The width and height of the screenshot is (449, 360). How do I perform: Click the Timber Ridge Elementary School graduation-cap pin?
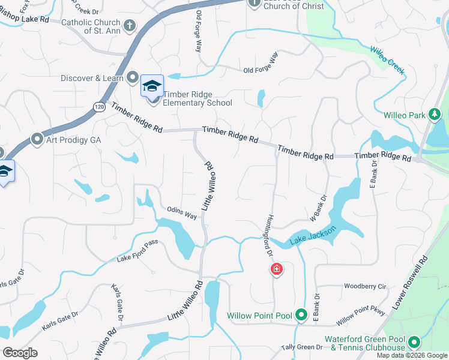[152, 85]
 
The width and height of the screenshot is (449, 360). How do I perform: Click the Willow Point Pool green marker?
[301, 315]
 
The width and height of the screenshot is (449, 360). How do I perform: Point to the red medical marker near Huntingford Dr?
[277, 269]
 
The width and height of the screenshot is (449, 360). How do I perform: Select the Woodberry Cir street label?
[365, 287]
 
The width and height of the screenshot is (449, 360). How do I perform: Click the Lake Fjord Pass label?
[137, 259]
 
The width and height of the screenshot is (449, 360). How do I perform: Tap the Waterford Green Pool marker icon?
[413, 343]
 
